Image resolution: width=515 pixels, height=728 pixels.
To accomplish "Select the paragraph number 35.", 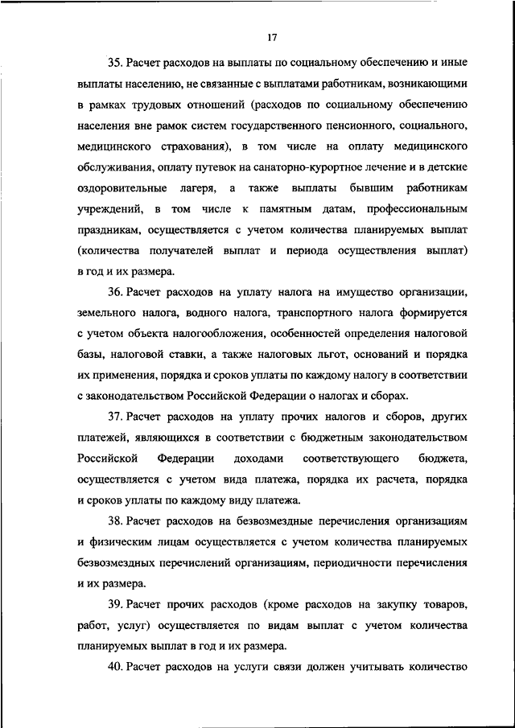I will click(113, 61).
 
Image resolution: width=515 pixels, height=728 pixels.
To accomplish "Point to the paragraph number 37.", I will click(113, 417).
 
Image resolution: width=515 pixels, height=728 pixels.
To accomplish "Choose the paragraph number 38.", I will click(113, 521).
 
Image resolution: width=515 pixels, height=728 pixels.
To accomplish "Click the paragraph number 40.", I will click(113, 668).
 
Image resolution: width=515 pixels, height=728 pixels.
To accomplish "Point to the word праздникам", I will click(113, 228).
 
